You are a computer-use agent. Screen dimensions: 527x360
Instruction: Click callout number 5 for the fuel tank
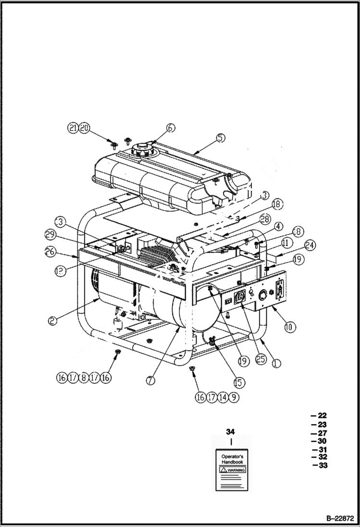click(x=220, y=138)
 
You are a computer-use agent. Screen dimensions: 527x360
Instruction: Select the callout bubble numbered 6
click(x=171, y=128)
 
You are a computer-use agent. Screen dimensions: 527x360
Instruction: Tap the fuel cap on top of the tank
click(x=143, y=148)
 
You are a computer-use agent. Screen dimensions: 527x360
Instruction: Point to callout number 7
click(x=150, y=380)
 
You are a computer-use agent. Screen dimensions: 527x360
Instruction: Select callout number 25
click(x=261, y=359)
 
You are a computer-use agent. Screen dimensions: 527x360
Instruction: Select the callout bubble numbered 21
click(x=73, y=128)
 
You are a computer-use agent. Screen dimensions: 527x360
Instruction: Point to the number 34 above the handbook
click(x=231, y=431)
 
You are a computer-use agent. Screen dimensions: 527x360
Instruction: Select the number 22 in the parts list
click(x=322, y=416)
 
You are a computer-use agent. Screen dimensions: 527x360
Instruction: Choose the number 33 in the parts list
click(x=323, y=466)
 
